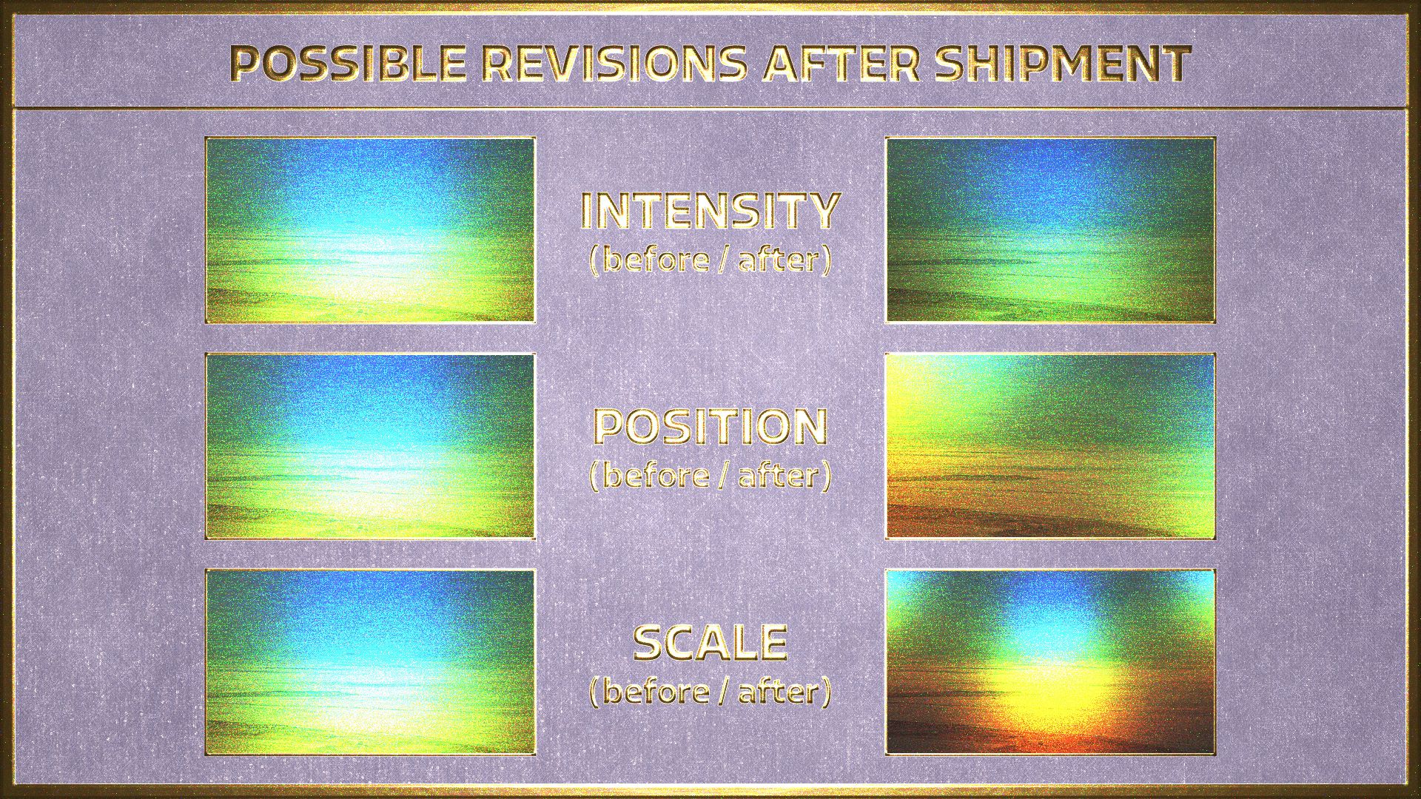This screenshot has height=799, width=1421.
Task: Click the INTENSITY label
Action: [x=710, y=210]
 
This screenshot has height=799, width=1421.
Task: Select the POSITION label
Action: [x=710, y=427]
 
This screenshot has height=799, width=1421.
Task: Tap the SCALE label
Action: [x=710, y=643]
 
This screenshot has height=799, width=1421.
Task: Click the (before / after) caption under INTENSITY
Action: [x=710, y=260]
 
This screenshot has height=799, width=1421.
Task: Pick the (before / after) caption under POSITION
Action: [x=710, y=476]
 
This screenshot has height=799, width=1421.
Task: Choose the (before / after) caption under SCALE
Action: [x=710, y=692]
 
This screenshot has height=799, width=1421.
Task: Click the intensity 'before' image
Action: [x=370, y=230]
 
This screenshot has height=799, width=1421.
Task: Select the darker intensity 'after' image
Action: [x=1051, y=230]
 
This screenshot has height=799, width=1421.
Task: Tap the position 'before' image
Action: [x=370, y=446]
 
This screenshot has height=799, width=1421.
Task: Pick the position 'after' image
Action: [x=1051, y=446]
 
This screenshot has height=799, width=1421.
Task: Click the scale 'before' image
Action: [x=370, y=662]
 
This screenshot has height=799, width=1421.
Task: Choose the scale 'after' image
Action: [x=1051, y=662]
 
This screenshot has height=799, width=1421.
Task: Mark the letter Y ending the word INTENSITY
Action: [x=823, y=210]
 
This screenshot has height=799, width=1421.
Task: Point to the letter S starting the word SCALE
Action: [x=648, y=643]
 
